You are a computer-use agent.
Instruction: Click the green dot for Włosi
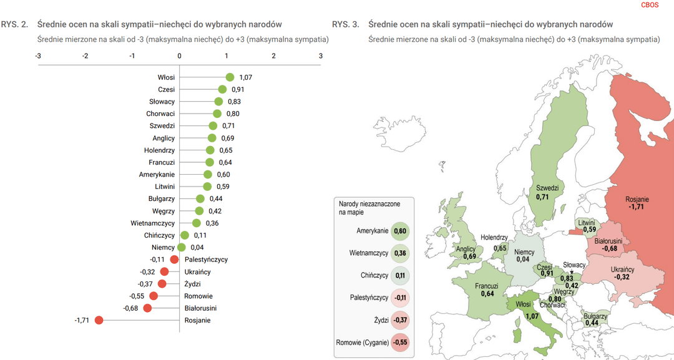tap(230, 77)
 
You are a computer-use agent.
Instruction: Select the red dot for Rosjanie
tap(99, 321)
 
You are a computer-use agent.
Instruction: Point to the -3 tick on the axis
tap(38, 56)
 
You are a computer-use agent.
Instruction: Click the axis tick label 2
tap(273, 56)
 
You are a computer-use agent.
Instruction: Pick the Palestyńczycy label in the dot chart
tap(206, 260)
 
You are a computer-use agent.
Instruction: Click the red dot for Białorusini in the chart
tap(147, 308)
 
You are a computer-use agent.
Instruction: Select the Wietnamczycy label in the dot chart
tap(153, 223)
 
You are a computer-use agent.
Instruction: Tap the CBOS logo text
tap(650, 5)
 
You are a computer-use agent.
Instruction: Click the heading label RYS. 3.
tap(345, 24)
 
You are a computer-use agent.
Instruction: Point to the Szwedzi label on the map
tap(547, 188)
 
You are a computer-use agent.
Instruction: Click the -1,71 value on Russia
tap(637, 207)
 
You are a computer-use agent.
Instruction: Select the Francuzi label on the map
tap(486, 286)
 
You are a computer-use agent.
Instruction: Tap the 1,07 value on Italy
tap(532, 316)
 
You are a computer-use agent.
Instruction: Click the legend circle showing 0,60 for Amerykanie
tap(399, 231)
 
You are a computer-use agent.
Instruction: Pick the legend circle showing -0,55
tap(399, 342)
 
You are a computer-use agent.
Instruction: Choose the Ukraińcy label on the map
tap(622, 270)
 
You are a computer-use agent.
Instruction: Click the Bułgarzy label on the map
tap(595, 316)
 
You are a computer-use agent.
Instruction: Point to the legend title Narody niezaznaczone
tap(369, 204)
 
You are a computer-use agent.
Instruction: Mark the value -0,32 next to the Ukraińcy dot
tap(148, 272)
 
